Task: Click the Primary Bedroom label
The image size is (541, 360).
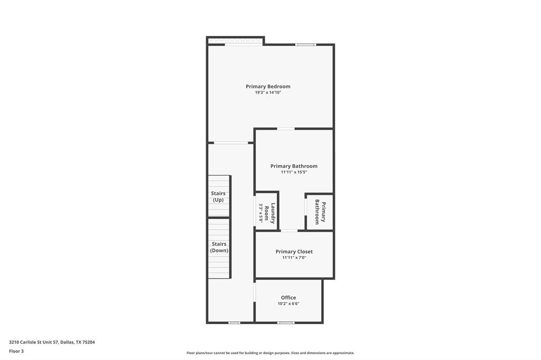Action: tap(268, 87)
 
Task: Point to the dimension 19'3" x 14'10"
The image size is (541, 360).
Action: tap(268, 93)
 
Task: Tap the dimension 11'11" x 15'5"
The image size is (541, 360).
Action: tap(294, 172)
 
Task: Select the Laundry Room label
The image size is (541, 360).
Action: tap(270, 213)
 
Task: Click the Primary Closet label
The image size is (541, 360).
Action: tap(294, 252)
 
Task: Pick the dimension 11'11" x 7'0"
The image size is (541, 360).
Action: tap(294, 258)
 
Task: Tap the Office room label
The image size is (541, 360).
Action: tap(288, 298)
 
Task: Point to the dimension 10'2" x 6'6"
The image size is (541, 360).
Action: tap(288, 304)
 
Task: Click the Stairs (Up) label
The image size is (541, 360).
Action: tap(218, 197)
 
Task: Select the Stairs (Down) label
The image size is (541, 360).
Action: tap(219, 247)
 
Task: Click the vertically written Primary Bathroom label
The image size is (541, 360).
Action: tap(320, 212)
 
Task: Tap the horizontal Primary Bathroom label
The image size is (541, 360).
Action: tap(294, 166)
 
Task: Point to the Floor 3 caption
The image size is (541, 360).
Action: tap(16, 351)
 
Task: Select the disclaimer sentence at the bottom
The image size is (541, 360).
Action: tap(270, 353)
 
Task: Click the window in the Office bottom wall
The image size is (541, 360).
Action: tap(286, 323)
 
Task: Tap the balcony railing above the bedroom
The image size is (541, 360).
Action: tap(235, 41)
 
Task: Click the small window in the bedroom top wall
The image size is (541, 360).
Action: tap(305, 45)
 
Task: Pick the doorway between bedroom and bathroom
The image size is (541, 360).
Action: tap(286, 129)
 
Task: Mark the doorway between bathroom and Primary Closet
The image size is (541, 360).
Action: tap(289, 231)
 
